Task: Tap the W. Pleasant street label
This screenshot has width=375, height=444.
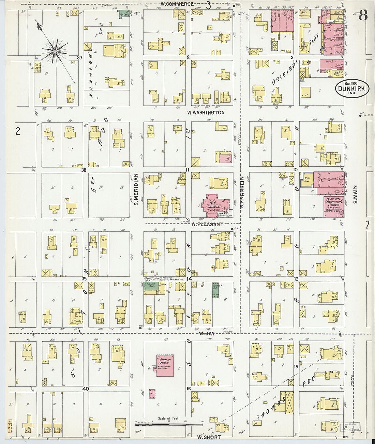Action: pos(207,225)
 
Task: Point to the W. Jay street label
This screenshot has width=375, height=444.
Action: pos(207,334)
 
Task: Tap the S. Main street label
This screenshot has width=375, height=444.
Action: pos(355,194)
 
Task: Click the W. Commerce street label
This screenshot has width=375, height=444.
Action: pos(177,4)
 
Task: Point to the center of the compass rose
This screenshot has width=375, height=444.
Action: pos(54,51)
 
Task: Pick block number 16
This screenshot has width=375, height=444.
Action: pos(188,388)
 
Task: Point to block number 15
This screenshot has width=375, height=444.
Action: pos(296,367)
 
